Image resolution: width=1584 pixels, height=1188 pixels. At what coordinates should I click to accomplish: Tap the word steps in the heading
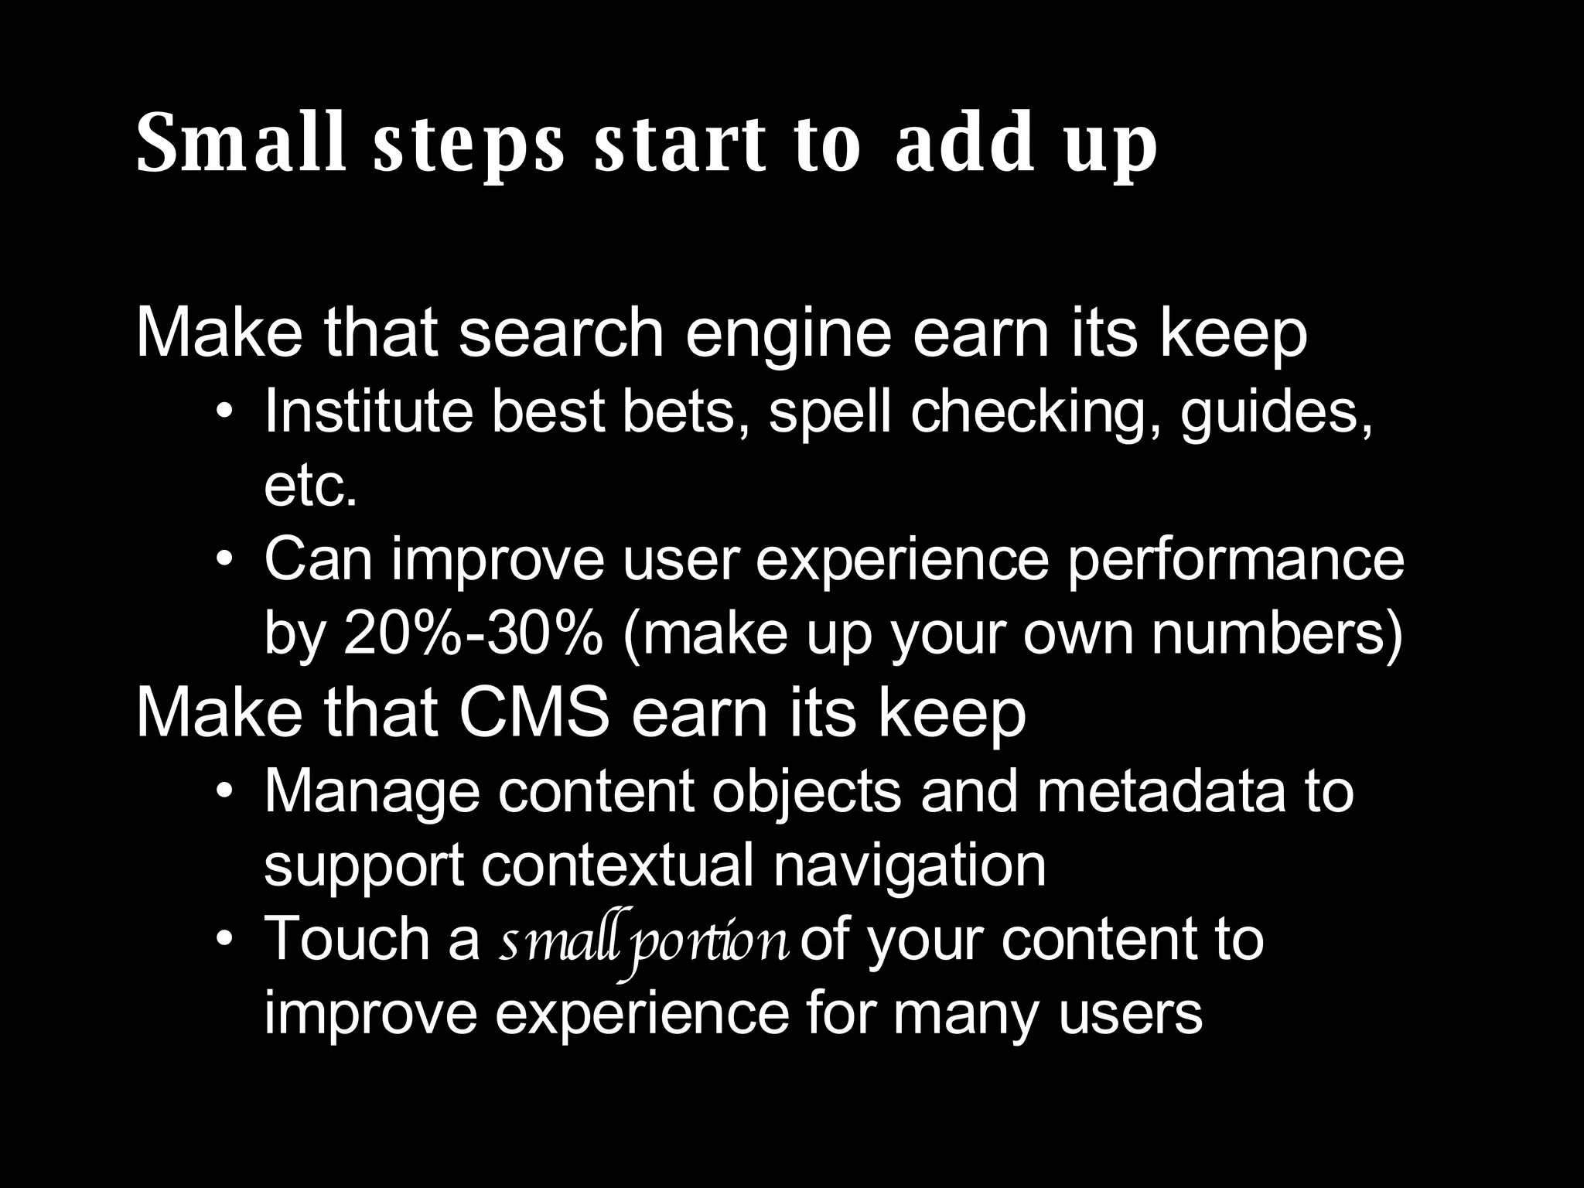(469, 147)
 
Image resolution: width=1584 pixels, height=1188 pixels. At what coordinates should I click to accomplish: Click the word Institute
(368, 411)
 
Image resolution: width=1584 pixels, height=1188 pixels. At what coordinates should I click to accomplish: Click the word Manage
(371, 792)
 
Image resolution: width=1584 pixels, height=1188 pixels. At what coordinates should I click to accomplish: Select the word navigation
(910, 866)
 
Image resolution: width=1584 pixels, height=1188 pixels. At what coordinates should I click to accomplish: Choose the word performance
(1235, 559)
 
